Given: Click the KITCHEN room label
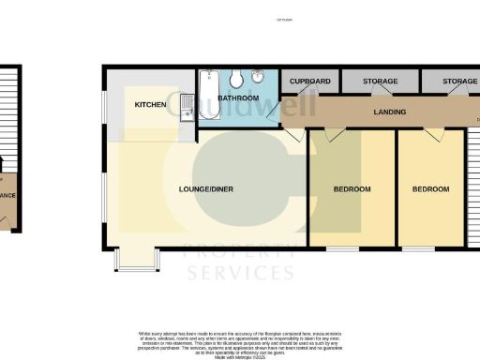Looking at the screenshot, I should (150, 104).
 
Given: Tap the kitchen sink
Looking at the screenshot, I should (187, 108).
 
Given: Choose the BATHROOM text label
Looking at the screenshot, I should (238, 97).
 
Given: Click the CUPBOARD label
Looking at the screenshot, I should (310, 82).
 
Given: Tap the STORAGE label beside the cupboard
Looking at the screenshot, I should (381, 82).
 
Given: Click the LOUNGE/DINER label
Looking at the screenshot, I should (206, 189).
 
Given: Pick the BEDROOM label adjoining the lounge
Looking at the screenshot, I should (352, 189).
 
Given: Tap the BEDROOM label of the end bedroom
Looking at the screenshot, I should (431, 189).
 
